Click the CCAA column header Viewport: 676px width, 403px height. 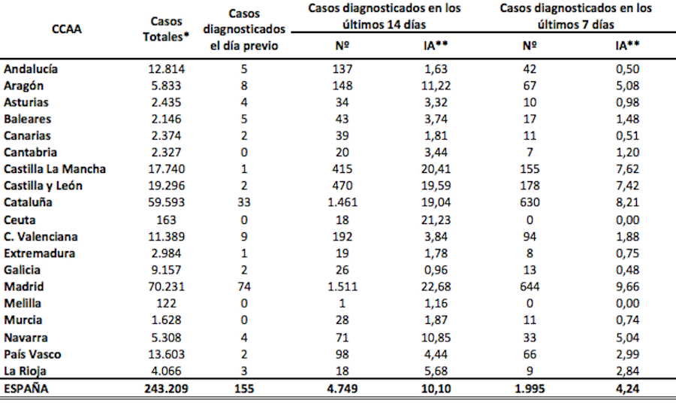coord(68,30)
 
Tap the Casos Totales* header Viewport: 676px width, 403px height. coord(165,30)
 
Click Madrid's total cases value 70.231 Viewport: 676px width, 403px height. coord(165,286)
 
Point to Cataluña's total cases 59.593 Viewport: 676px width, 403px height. coord(165,203)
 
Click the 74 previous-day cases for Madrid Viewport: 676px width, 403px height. coord(244,286)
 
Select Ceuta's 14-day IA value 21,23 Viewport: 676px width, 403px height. coord(436,220)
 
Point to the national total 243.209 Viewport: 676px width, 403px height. coord(165,389)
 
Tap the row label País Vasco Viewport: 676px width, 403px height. coord(33,353)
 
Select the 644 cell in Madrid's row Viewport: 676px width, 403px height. coord(530,286)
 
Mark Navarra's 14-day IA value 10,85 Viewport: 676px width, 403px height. coord(436,337)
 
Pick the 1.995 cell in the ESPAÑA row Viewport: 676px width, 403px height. coord(530,389)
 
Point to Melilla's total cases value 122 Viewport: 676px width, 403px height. coord(165,303)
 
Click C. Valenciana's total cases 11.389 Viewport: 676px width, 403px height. coord(165,236)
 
